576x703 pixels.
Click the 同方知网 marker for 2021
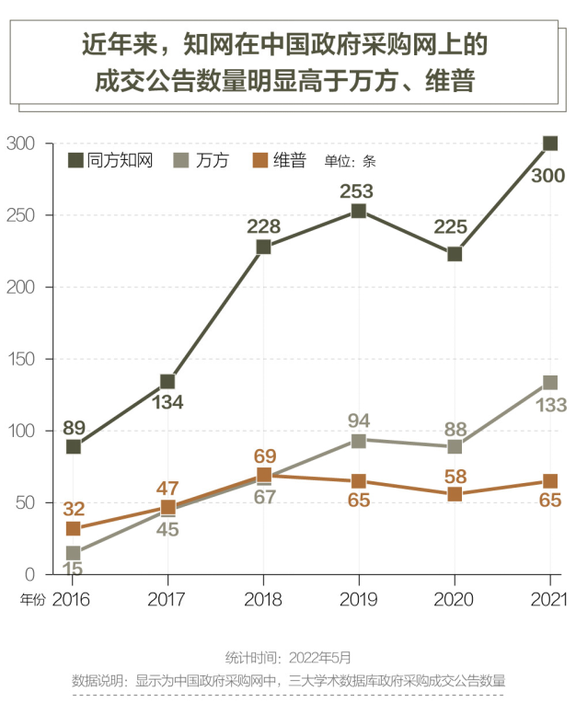coord(550,144)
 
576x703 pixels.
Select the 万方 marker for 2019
coord(359,441)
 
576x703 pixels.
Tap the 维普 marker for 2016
coord(74,529)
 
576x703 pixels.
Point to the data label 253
coord(356,191)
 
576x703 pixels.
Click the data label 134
coord(168,402)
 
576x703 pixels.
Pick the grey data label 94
coord(359,421)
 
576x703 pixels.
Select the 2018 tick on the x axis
coord(263,599)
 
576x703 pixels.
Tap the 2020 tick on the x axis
coord(454,599)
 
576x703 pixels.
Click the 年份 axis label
coord(31,599)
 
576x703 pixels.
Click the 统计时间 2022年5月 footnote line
coord(288,657)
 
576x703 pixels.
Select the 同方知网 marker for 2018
coord(263,247)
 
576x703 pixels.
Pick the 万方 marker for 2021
coord(550,383)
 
